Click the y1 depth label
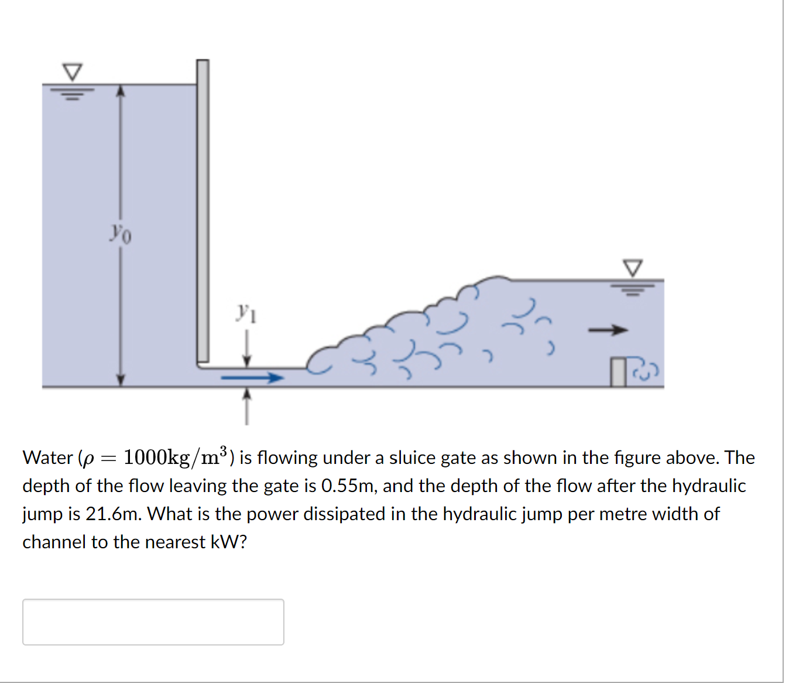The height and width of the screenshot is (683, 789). click(246, 313)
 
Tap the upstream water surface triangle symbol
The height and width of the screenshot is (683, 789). click(73, 72)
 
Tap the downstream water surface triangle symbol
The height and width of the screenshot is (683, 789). click(632, 268)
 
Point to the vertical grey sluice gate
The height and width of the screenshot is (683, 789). click(203, 211)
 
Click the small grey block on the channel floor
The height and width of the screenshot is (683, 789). click(618, 372)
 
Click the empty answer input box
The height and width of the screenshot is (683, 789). click(153, 622)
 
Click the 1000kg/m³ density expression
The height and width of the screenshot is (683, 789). click(176, 456)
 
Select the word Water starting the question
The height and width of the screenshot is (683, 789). click(47, 457)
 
